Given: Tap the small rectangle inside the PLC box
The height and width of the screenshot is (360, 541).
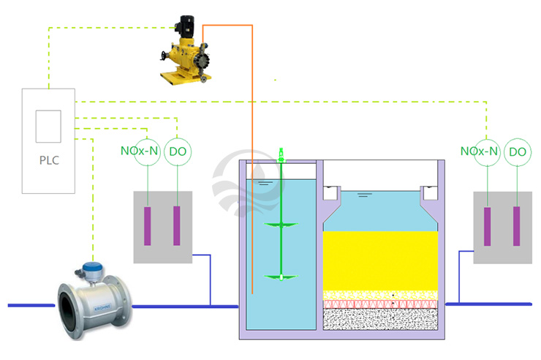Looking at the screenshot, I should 48,126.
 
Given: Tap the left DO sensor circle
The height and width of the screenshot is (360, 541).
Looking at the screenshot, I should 176,151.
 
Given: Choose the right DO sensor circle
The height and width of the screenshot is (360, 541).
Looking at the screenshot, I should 517,151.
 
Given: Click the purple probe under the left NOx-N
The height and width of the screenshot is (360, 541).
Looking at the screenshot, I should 148,226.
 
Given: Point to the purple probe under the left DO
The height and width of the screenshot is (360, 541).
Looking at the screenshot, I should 176,226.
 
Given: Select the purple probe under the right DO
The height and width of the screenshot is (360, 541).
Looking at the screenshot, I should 516,226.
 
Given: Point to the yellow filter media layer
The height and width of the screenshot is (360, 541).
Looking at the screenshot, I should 380,260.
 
